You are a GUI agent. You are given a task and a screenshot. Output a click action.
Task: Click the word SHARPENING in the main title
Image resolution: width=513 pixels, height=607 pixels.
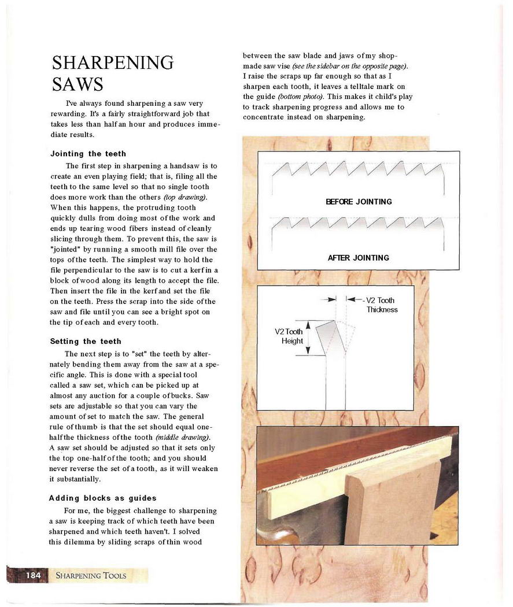(112, 62)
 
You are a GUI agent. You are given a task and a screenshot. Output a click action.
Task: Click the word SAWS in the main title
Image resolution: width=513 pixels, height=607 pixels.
(77, 84)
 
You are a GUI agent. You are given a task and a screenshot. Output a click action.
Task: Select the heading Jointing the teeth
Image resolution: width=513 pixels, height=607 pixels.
(88, 154)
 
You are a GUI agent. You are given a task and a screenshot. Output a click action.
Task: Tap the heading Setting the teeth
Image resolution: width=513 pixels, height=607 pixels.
(86, 341)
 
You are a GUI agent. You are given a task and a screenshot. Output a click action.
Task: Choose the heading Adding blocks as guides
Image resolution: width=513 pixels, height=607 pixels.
(102, 498)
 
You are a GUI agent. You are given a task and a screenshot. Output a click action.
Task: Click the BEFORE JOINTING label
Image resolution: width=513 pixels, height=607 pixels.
(359, 202)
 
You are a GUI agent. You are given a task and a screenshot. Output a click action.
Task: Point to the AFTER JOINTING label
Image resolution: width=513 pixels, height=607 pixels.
(359, 258)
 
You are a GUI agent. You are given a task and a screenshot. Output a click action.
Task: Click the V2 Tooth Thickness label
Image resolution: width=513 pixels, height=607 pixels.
(382, 305)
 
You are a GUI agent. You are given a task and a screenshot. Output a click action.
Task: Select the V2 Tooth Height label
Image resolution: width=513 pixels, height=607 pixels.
(289, 336)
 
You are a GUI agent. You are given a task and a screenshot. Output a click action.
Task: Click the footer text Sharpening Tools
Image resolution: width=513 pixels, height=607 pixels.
(91, 575)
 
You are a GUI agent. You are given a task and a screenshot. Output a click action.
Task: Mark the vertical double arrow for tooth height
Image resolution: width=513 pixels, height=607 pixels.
(308, 338)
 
